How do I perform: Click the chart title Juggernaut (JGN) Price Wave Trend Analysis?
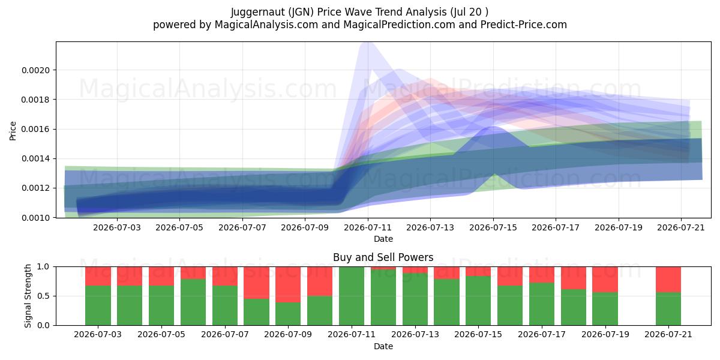[338, 12]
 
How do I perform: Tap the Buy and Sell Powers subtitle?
[383, 257]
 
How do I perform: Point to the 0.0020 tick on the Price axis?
[35, 70]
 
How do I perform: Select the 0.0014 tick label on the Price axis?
[35, 159]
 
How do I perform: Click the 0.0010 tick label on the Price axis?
[35, 218]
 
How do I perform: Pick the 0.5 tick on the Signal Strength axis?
[43, 296]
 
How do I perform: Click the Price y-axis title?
[13, 131]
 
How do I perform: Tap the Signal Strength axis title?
[28, 296]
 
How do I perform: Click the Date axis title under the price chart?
[383, 239]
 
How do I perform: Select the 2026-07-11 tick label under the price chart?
[368, 228]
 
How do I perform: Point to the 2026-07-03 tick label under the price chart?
[117, 228]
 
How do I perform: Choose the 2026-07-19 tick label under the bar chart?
[605, 335]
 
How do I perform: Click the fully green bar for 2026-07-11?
[352, 296]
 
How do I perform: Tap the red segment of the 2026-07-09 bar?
[288, 284]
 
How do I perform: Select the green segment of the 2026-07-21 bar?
[668, 309]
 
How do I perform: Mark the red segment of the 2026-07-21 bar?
[668, 280]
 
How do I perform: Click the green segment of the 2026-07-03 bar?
[98, 305]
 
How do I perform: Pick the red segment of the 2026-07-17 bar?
[542, 275]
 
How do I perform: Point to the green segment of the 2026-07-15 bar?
[478, 301]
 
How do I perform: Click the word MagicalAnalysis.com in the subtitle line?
[266, 25]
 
